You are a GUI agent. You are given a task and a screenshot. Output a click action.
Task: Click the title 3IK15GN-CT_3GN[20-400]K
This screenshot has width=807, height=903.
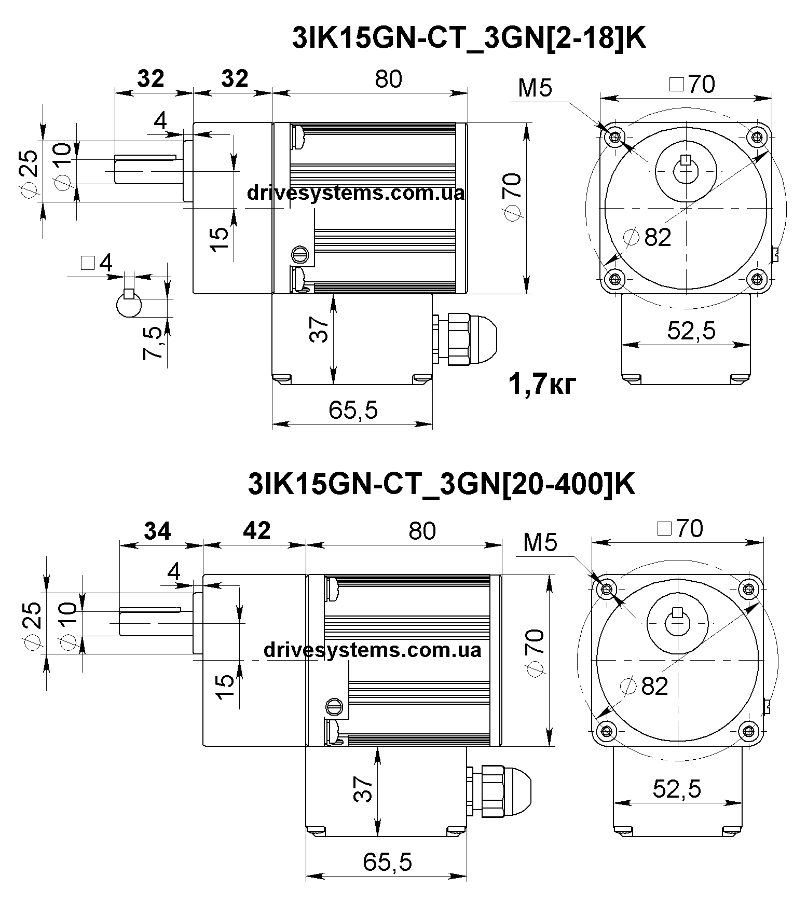pos(442,485)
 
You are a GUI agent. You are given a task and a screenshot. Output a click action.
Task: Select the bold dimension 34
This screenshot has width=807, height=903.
pos(157,531)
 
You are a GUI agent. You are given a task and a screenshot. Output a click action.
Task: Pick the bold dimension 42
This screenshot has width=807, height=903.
pos(257,531)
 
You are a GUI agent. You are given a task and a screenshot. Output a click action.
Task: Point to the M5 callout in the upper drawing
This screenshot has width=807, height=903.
pos(535,89)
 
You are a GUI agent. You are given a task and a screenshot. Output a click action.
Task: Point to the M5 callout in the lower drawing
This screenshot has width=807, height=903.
pos(540,543)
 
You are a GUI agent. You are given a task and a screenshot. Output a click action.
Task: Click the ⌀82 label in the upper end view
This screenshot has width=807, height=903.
pos(649,238)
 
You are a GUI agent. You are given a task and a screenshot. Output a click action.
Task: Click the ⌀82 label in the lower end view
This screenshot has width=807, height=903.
pos(646,686)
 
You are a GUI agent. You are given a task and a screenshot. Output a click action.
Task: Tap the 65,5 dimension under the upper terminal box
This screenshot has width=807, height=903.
pos(353,411)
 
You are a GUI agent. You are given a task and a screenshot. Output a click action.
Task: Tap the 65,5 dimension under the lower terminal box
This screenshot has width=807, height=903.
pos(387,862)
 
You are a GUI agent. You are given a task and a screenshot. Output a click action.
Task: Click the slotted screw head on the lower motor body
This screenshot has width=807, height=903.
pos(335,706)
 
